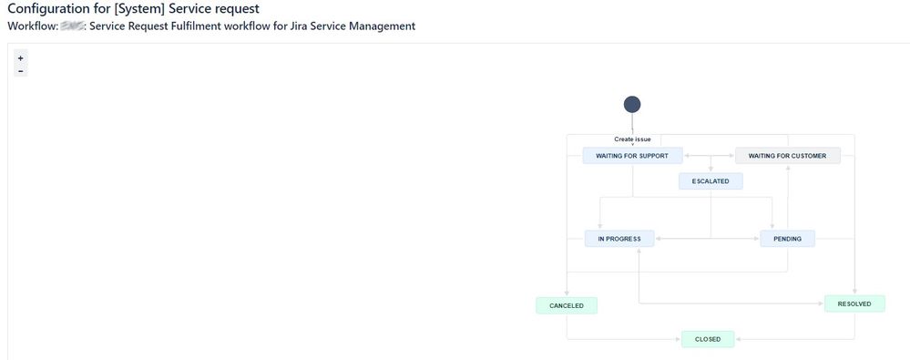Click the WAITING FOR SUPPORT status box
coord(632,156)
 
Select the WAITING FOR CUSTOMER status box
coord(787,156)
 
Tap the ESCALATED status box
coord(711,181)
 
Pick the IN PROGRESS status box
coord(619,239)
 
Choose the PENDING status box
coord(787,239)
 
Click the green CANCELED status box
coord(567,305)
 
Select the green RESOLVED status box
coord(854,303)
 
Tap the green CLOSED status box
coord(708,339)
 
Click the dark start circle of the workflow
coord(632,104)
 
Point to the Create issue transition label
coord(632,139)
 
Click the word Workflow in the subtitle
coord(31,26)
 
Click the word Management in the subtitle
coord(382,26)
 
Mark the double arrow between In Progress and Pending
coord(707,239)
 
